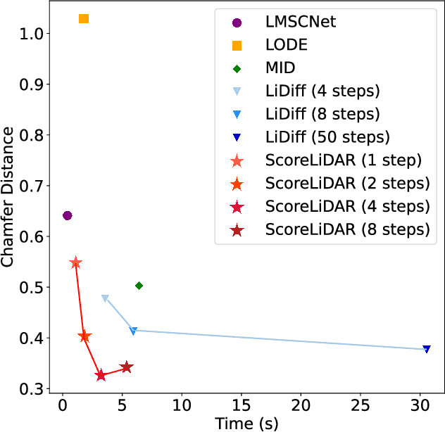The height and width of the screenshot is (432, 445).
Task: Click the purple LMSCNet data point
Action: pyautogui.click(x=68, y=215)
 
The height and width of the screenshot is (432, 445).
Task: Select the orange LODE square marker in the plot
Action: pyautogui.click(x=84, y=19)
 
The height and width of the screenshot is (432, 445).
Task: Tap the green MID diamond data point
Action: pyautogui.click(x=139, y=286)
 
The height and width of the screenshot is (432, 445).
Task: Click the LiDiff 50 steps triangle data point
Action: pyautogui.click(x=427, y=349)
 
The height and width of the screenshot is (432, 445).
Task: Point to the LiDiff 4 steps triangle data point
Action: pyautogui.click(x=105, y=298)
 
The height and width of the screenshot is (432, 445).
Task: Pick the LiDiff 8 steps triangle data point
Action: pyautogui.click(x=133, y=331)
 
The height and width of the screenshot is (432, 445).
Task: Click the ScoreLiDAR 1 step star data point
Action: pyautogui.click(x=76, y=263)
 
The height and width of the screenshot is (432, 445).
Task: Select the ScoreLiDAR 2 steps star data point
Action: pyautogui.click(x=84, y=337)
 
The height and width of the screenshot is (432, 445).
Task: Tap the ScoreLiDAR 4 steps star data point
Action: pyautogui.click(x=101, y=375)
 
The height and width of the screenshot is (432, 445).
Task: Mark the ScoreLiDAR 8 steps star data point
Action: pyautogui.click(x=127, y=367)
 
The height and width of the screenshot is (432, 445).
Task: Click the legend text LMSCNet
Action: pyautogui.click(x=301, y=22)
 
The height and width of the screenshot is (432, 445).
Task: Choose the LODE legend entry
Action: pyautogui.click(x=287, y=45)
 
